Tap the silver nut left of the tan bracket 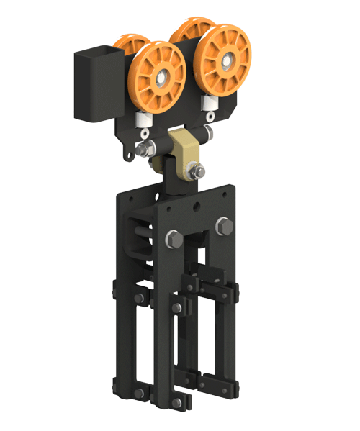point(144,150)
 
